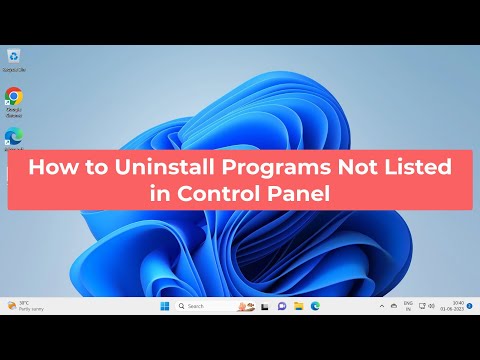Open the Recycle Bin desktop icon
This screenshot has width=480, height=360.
point(13,56)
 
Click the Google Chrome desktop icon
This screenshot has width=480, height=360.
point(13,97)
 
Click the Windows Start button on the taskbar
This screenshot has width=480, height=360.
point(165,306)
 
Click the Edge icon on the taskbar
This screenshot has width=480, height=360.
point(315,306)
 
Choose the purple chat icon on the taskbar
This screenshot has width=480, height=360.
point(282,306)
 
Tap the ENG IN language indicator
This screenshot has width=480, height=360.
point(407,306)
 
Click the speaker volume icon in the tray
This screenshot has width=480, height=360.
point(431,306)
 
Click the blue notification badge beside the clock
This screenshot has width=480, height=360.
point(470,306)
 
